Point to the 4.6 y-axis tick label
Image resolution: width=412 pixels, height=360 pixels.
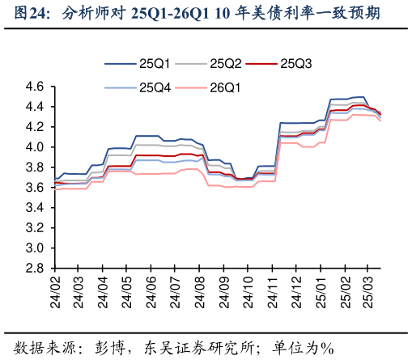pos(34,87)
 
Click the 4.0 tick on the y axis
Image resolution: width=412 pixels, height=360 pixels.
pos(34,147)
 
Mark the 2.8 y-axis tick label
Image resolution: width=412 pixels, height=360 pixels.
pos(34,269)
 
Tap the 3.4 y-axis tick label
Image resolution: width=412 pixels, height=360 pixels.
pos(34,208)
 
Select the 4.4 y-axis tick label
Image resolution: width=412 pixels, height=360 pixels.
pos(34,107)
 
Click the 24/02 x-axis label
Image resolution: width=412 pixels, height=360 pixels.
pos(56,292)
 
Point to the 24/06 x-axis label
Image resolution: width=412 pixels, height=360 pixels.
pos(151,292)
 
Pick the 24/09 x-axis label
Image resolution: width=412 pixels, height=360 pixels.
pos(223,292)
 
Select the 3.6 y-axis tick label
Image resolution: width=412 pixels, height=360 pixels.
pos(34,188)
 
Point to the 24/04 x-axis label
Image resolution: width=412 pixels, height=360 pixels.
pos(104,292)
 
